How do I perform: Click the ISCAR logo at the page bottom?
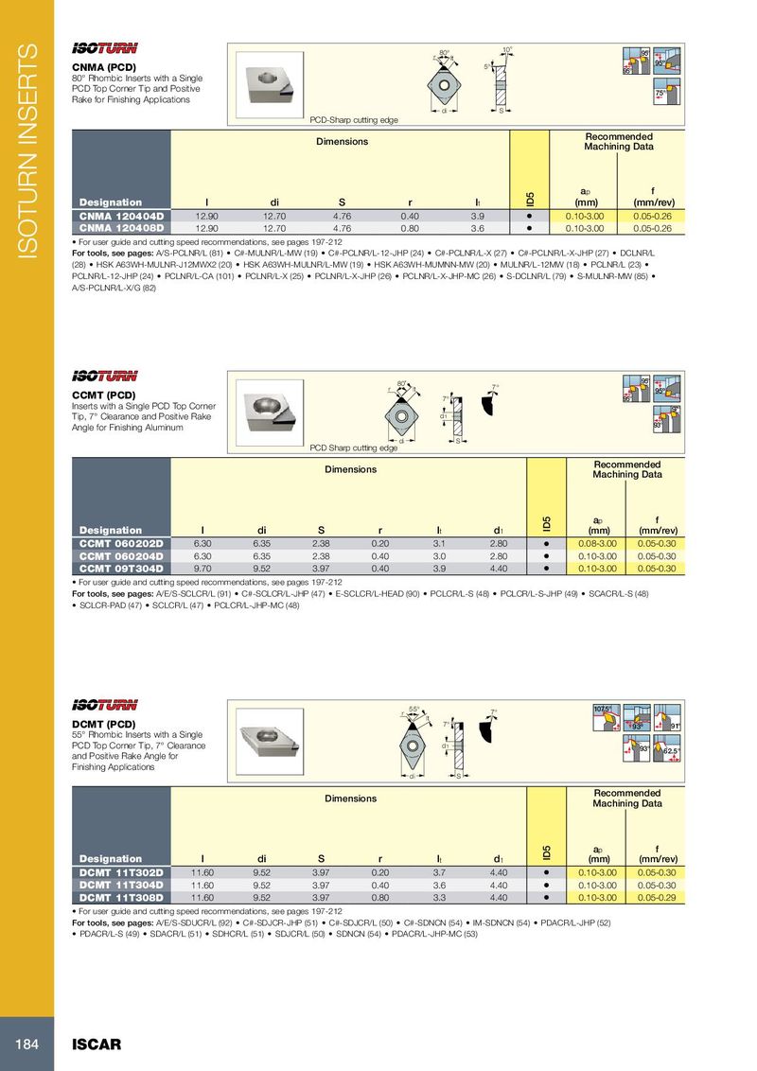[x=97, y=1045]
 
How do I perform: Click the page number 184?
[x=26, y=1045]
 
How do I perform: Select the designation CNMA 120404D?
[x=122, y=217]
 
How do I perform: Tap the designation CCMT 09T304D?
[x=122, y=569]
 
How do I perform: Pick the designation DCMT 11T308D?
[x=122, y=897]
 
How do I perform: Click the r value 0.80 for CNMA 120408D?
[x=410, y=228]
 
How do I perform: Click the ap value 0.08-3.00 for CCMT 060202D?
[x=598, y=544]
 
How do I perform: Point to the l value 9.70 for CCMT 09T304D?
[x=202, y=569]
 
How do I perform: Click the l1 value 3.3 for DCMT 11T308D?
[x=439, y=897]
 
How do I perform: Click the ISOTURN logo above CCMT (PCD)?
[x=105, y=376]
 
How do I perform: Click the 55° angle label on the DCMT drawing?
[x=414, y=709]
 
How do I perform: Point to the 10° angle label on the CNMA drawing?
[x=507, y=49]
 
